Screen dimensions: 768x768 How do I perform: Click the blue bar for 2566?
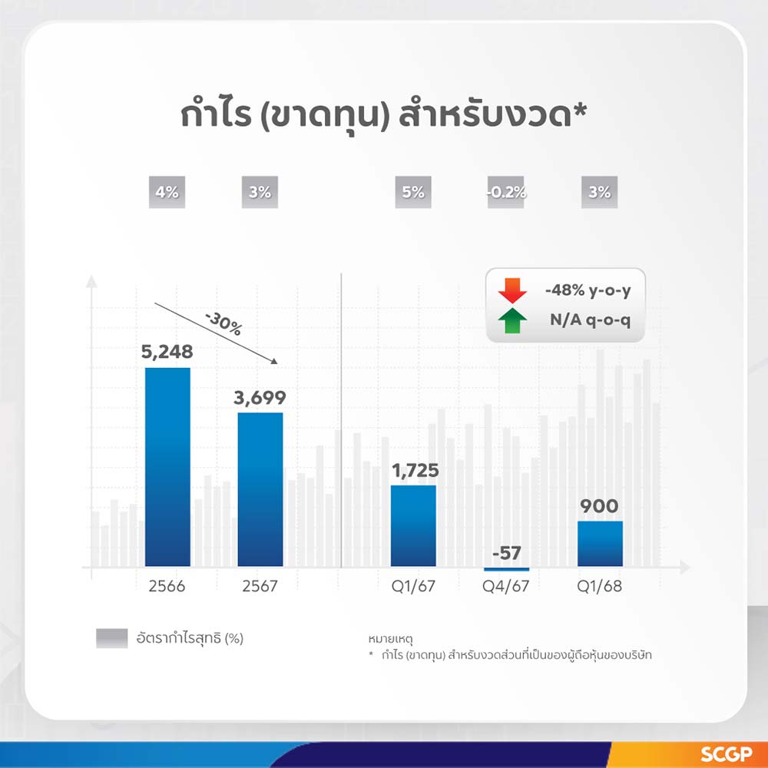tap(167, 467)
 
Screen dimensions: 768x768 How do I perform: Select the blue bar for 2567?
tap(260, 489)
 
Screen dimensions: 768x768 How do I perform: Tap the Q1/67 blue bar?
tap(413, 525)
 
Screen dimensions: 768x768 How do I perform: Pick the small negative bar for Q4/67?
tap(506, 569)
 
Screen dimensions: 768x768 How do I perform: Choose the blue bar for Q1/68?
tap(600, 544)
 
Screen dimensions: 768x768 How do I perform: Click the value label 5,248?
tap(167, 352)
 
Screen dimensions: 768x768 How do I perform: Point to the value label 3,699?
tap(260, 397)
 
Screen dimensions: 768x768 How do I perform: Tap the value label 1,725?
tap(415, 470)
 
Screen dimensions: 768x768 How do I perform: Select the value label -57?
tap(506, 553)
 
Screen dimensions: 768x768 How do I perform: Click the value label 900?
tap(599, 506)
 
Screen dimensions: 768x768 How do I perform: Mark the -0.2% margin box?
tap(506, 192)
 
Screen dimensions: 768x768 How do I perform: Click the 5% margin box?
tap(413, 192)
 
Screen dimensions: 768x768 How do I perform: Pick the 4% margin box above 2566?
tap(167, 192)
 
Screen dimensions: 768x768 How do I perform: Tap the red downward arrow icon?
tap(512, 291)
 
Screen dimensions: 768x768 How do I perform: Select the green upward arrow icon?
tap(512, 321)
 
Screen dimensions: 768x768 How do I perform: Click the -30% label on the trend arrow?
tap(223, 324)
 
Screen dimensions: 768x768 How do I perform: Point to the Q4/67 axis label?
tap(506, 586)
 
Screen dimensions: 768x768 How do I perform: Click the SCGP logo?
tap(727, 754)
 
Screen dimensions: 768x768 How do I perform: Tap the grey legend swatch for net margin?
tap(112, 638)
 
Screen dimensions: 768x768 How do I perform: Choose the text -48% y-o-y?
tap(588, 290)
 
